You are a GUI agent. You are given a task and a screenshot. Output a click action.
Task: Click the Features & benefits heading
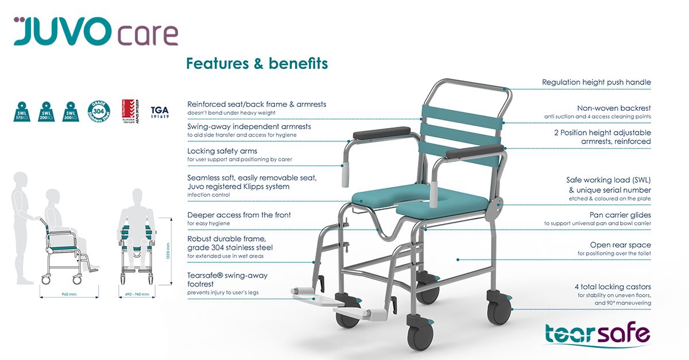click(x=257, y=63)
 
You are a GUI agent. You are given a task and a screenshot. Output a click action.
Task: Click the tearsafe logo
click(x=597, y=335)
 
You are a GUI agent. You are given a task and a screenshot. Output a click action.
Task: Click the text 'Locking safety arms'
click(x=222, y=150)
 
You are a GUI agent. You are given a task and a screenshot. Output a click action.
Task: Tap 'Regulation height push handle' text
click(x=596, y=82)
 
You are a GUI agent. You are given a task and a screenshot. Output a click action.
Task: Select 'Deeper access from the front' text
click(x=239, y=215)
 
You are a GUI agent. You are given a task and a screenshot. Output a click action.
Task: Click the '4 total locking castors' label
click(x=613, y=287)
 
